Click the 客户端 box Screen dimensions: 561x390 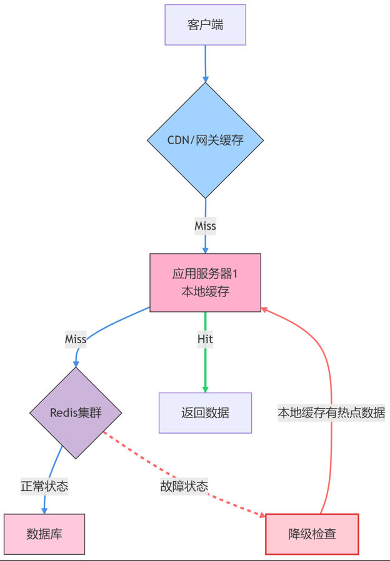[x=205, y=25]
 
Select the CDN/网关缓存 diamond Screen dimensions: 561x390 [x=205, y=140]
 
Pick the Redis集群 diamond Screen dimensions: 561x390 [x=76, y=412]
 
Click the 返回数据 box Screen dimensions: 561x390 [x=205, y=412]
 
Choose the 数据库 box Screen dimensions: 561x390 [x=44, y=534]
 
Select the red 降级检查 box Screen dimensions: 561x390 [x=312, y=534]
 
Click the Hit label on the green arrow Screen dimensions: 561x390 [x=205, y=339]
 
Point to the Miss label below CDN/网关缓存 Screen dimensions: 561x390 [x=205, y=226]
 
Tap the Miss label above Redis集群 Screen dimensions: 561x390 [x=76, y=339]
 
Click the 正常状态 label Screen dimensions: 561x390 [x=44, y=486]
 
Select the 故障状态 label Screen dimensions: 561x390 [x=184, y=486]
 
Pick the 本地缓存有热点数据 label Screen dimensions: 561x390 [x=331, y=412]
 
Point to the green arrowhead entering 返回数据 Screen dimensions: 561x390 [x=205, y=389]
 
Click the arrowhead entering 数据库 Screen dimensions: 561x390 [x=44, y=510]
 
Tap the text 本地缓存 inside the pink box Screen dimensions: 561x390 [x=205, y=291]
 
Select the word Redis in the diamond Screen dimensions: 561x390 [x=64, y=412]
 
